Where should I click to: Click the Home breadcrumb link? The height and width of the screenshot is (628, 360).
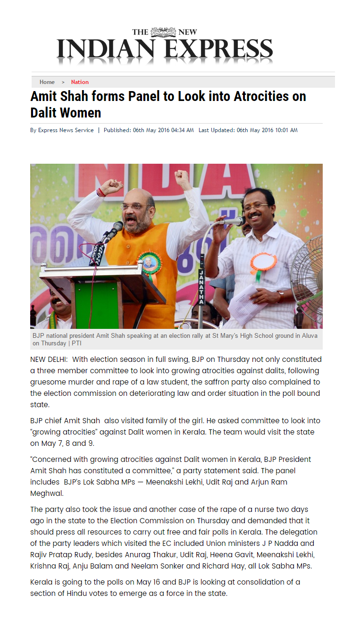click(47, 82)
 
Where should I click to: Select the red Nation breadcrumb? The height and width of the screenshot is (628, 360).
click(80, 82)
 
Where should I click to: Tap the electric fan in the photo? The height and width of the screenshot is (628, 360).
click(309, 278)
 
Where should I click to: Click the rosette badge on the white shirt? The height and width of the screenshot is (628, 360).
click(263, 262)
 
